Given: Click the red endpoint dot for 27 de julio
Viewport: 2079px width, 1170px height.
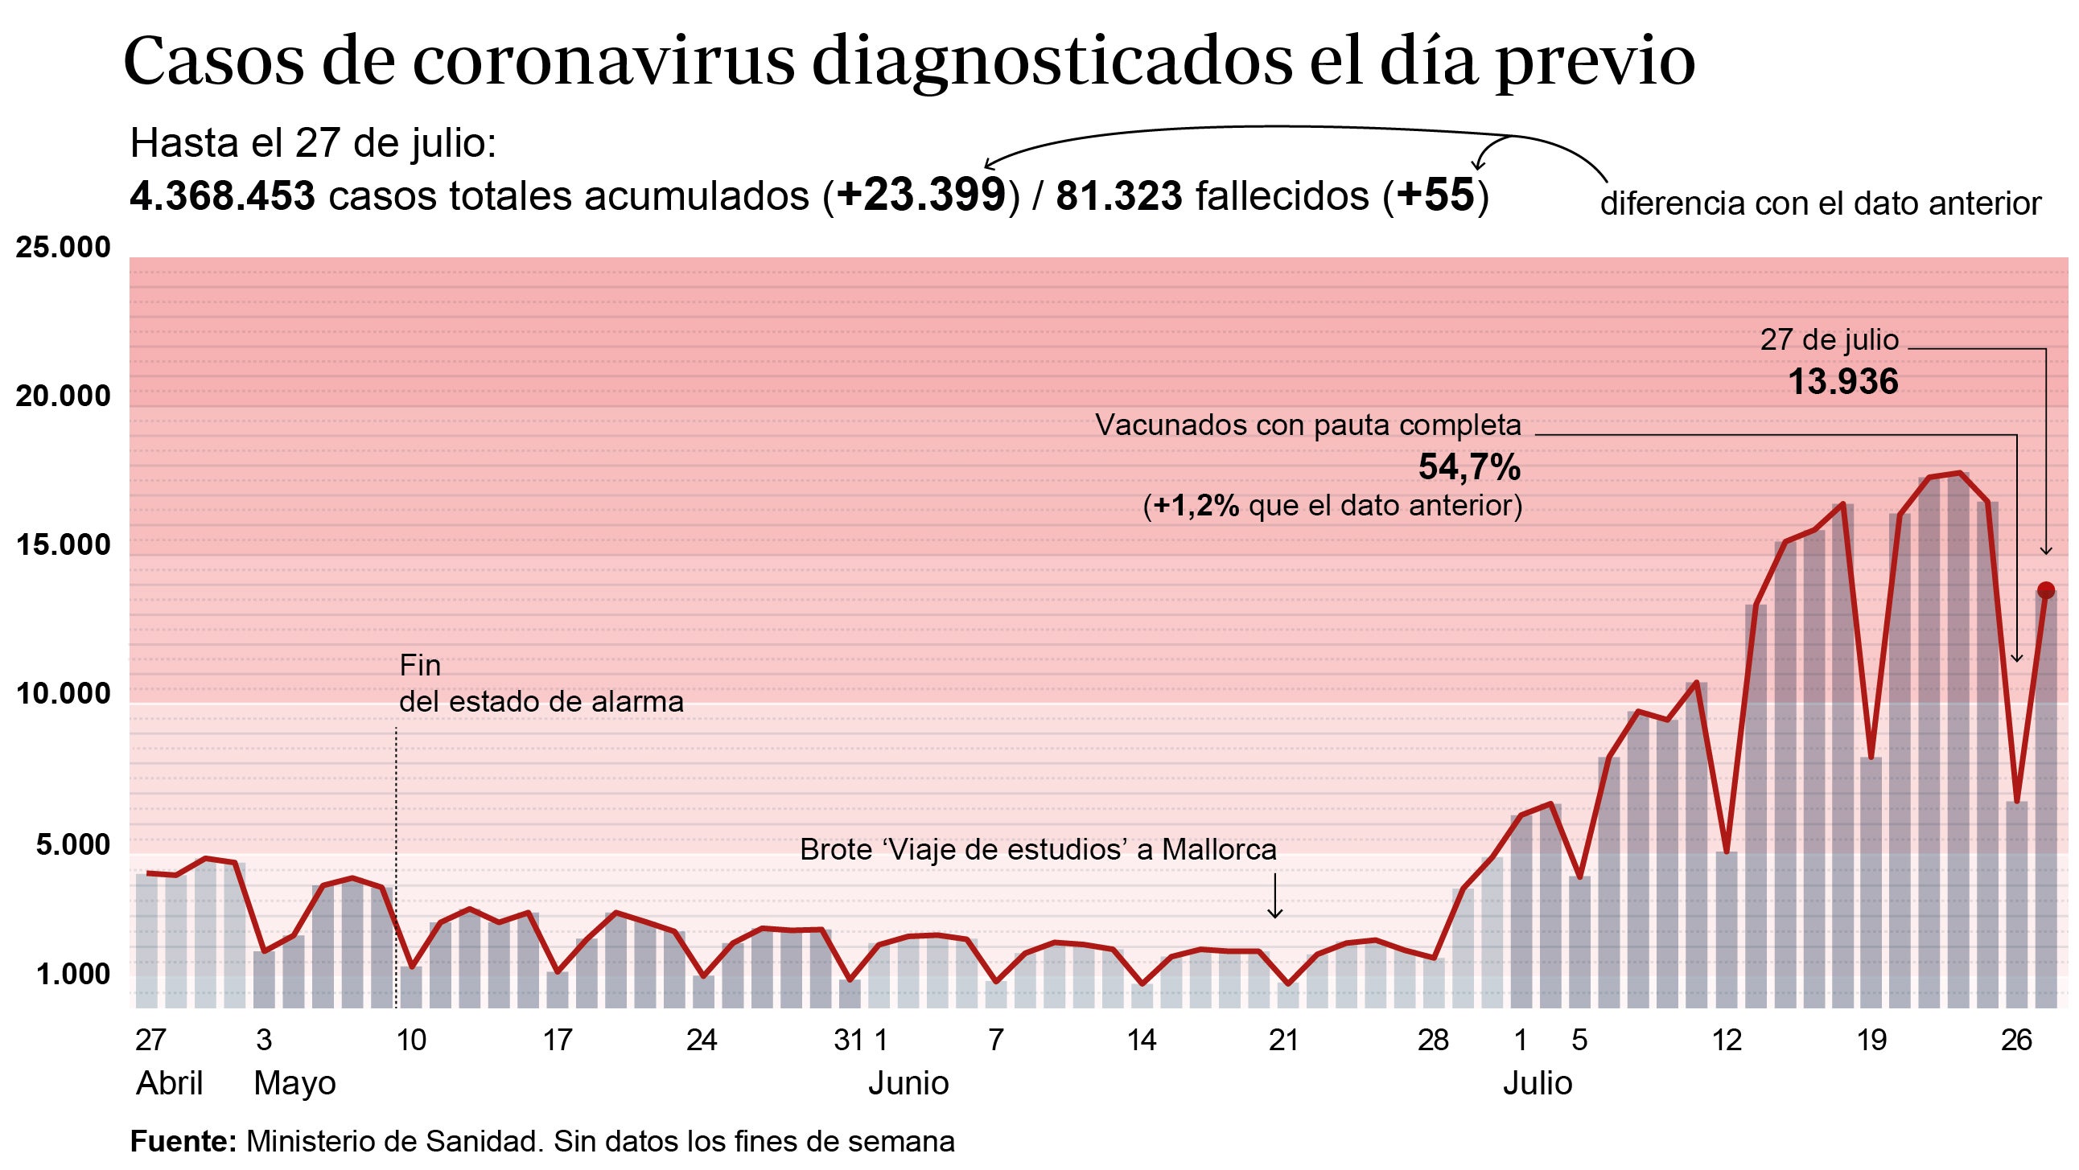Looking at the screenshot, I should (2045, 591).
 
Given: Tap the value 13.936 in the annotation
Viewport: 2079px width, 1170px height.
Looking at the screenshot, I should (1843, 382).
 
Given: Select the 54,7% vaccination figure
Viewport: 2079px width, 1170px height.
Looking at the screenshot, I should (1469, 467).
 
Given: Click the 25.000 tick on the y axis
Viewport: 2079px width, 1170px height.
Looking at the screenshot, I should (63, 248).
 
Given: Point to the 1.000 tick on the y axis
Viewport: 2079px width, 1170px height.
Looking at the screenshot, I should (72, 974).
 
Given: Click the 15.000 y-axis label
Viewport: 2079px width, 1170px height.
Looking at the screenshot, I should (63, 544).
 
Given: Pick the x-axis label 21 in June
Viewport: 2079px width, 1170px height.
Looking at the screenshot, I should (1283, 1040).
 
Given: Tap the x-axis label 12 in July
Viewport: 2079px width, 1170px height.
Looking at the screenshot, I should (1727, 1040).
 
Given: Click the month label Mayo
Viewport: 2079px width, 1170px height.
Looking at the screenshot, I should (294, 1083).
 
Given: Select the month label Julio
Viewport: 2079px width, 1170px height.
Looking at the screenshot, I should (1538, 1083).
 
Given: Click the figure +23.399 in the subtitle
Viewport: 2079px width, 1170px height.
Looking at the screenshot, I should (921, 195).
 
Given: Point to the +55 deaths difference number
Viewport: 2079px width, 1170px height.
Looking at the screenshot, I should (1436, 195).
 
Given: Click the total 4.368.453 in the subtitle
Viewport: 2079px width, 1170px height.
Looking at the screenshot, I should (223, 196).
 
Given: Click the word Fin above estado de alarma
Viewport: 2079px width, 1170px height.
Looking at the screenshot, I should (420, 666).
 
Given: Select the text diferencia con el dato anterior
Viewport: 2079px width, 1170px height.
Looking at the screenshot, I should (1820, 203).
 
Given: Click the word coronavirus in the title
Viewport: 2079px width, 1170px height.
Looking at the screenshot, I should (603, 62).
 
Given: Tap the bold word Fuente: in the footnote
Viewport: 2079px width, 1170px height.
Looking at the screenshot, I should (183, 1141).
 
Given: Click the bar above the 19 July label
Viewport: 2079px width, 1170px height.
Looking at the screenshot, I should (1871, 884).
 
